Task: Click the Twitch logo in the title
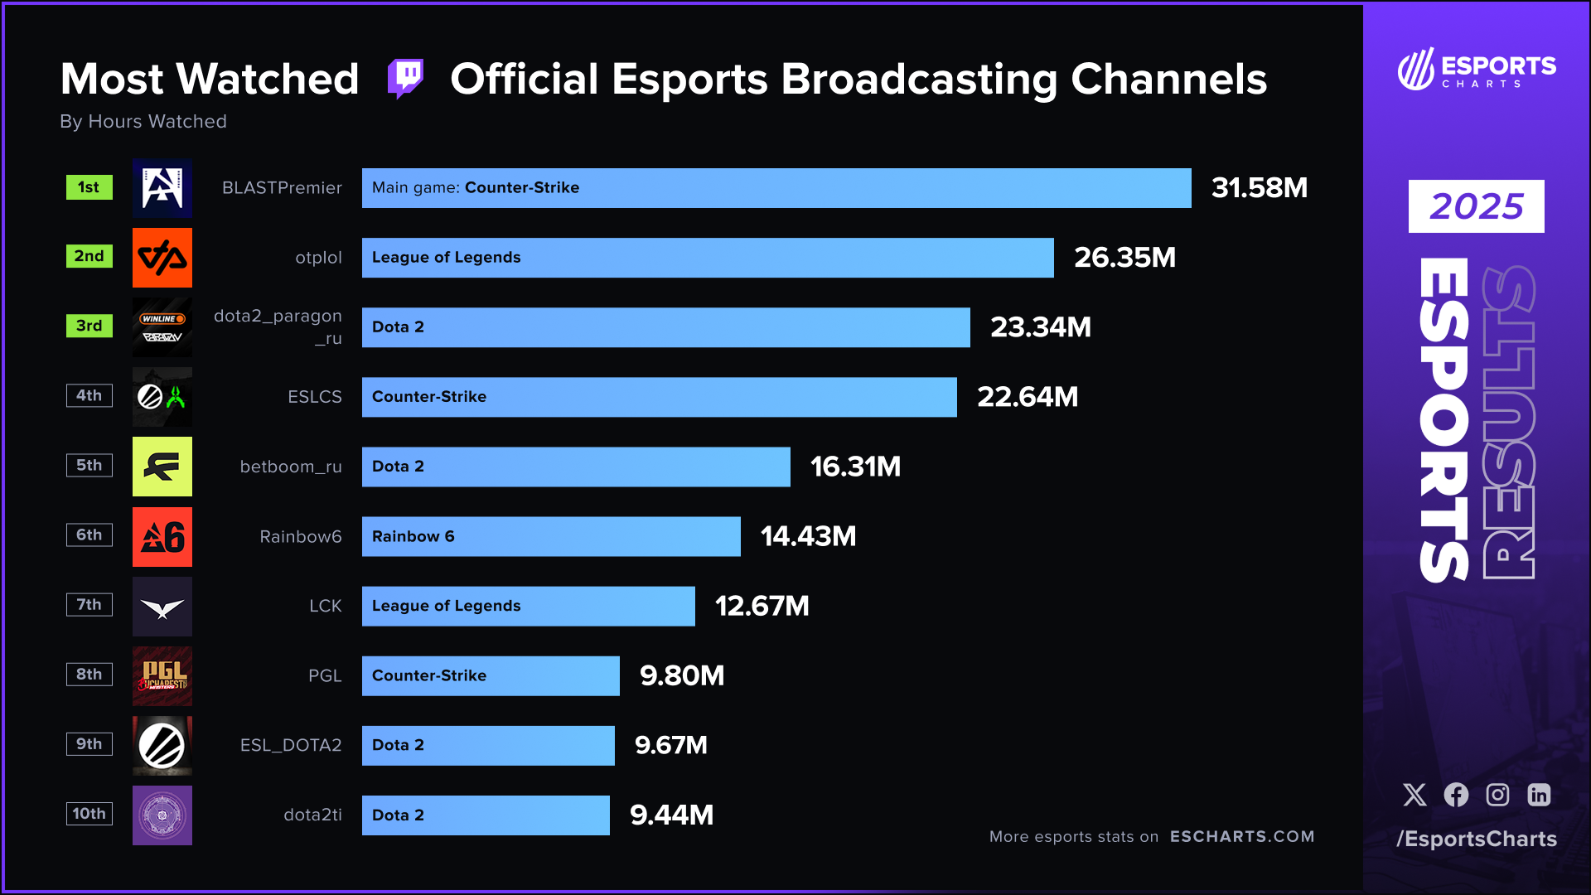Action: pos(406,79)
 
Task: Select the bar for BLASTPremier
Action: pos(776,188)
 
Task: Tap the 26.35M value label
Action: pos(1124,258)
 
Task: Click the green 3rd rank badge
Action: pos(89,326)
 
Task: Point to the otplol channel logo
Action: pos(162,258)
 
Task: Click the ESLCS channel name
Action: pos(314,397)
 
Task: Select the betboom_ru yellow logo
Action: pos(162,467)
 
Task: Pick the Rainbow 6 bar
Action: pos(550,536)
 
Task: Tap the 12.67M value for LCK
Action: pos(762,606)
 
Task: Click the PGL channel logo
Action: pos(162,675)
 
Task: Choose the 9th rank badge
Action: pos(89,743)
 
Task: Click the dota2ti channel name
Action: pos(312,815)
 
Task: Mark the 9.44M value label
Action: pos(671,815)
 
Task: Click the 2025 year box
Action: pos(1476,206)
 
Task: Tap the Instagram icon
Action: pos(1497,795)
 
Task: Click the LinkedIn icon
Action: pos(1539,795)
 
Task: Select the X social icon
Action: pos(1414,795)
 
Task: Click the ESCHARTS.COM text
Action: pos(1241,836)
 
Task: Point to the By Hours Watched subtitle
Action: pos(143,122)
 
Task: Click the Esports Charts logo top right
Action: pos(1476,70)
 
